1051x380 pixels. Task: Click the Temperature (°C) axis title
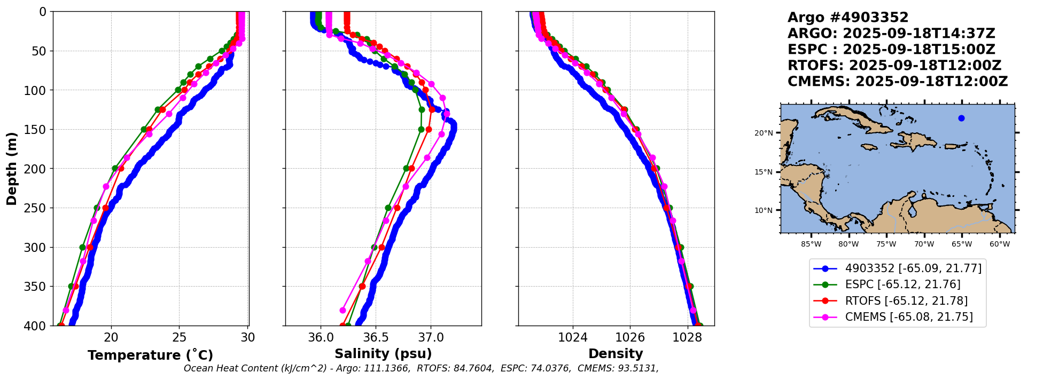tap(150, 355)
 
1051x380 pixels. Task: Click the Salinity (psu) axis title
tap(383, 354)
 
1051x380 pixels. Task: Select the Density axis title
tap(616, 354)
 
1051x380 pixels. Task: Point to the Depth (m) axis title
tap(12, 168)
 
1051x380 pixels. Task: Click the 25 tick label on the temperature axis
tap(180, 337)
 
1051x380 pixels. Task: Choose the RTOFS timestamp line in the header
tap(894, 66)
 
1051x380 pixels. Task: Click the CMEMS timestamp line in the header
tap(898, 82)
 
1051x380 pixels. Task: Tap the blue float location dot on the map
tap(961, 118)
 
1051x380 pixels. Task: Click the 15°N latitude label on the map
tap(764, 172)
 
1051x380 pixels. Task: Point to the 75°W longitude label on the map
tap(886, 244)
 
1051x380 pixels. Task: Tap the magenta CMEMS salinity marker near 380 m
tap(343, 310)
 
